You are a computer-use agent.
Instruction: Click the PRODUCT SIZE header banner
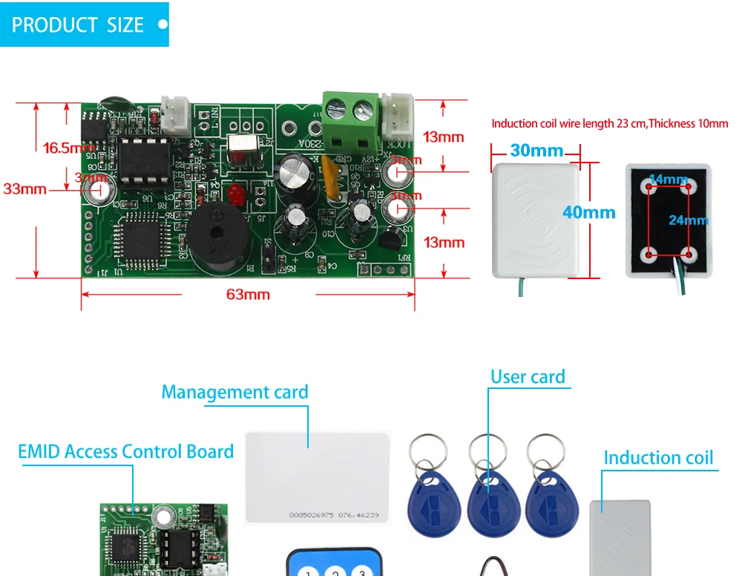pos(85,24)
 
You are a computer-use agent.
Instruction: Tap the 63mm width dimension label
pos(248,295)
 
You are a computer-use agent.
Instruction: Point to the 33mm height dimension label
pos(24,189)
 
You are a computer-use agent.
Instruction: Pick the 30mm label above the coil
pos(536,151)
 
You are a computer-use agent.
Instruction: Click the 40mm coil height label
pos(588,212)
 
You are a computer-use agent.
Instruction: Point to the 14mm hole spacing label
pos(668,179)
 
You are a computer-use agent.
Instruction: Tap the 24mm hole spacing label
pos(688,220)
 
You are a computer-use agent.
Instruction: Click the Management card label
pos(234,392)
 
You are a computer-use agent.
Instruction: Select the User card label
pos(528,377)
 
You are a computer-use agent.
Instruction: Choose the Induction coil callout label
pos(658,457)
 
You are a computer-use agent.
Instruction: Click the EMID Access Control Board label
pos(125,451)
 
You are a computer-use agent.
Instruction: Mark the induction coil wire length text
pos(610,124)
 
